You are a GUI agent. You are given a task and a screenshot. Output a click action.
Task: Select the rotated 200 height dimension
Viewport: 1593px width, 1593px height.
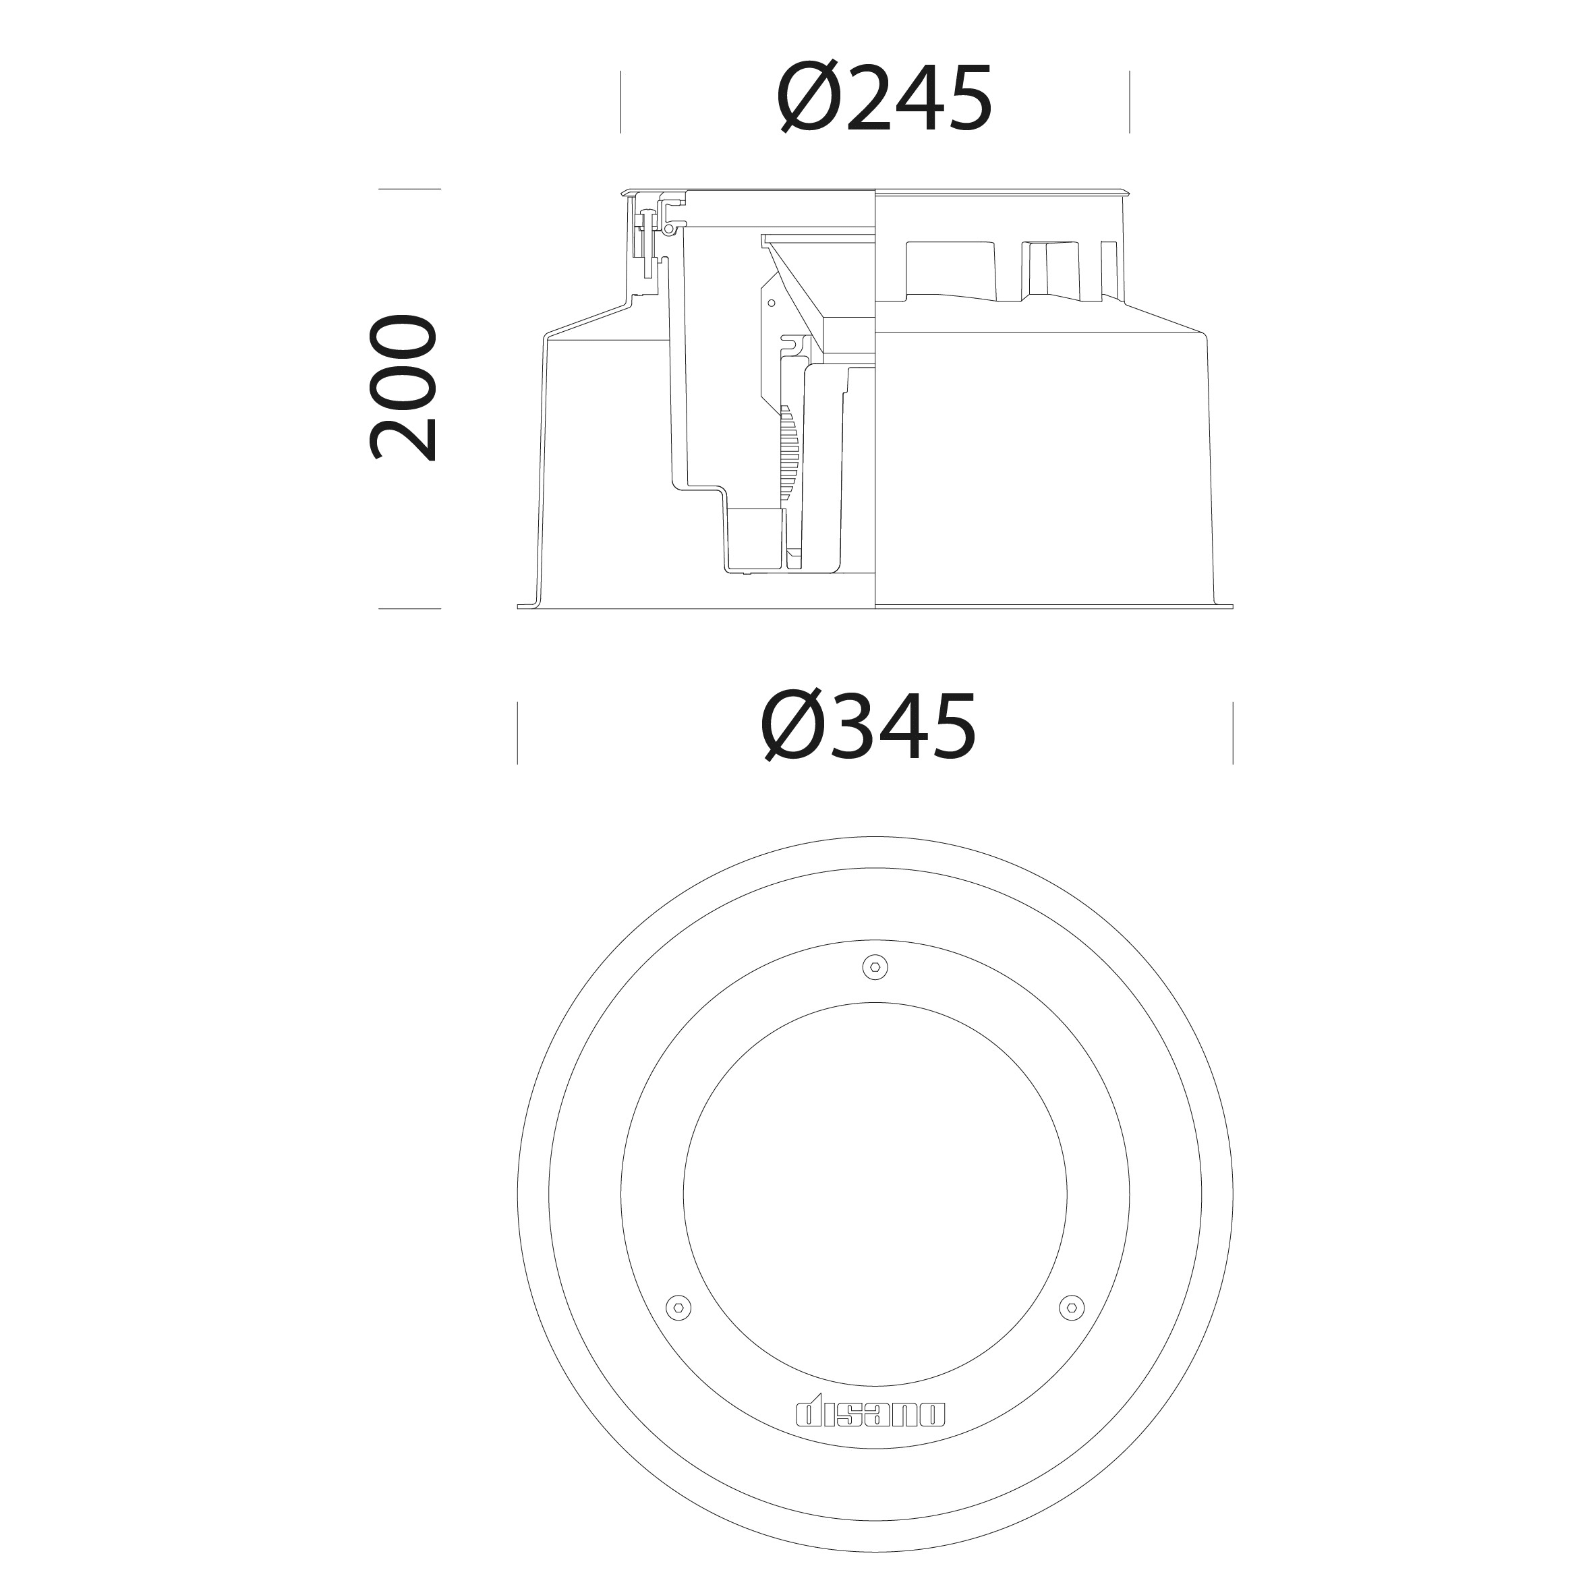click(x=403, y=388)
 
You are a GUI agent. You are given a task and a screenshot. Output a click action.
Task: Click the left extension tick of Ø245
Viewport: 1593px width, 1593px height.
click(x=621, y=103)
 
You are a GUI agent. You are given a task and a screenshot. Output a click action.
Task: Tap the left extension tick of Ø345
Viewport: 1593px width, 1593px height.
click(x=518, y=733)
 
